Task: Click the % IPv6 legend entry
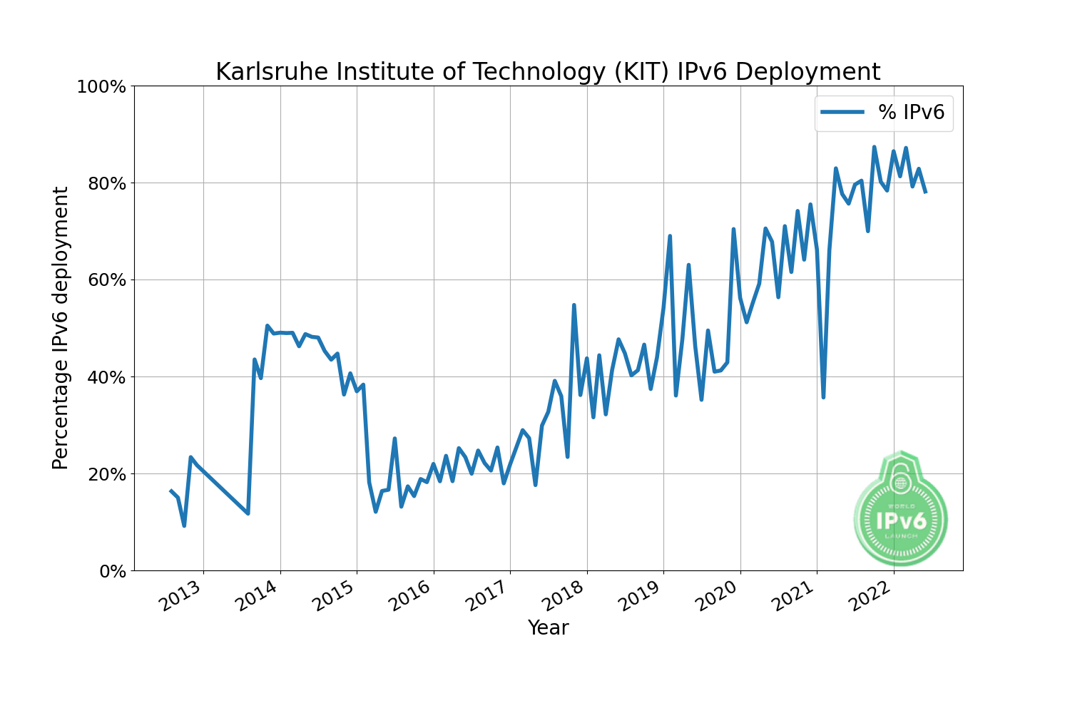tap(884, 112)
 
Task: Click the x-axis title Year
tap(548, 628)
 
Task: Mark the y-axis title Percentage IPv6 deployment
tap(61, 328)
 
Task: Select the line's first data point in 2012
tap(170, 491)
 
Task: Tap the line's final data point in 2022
tap(925, 193)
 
